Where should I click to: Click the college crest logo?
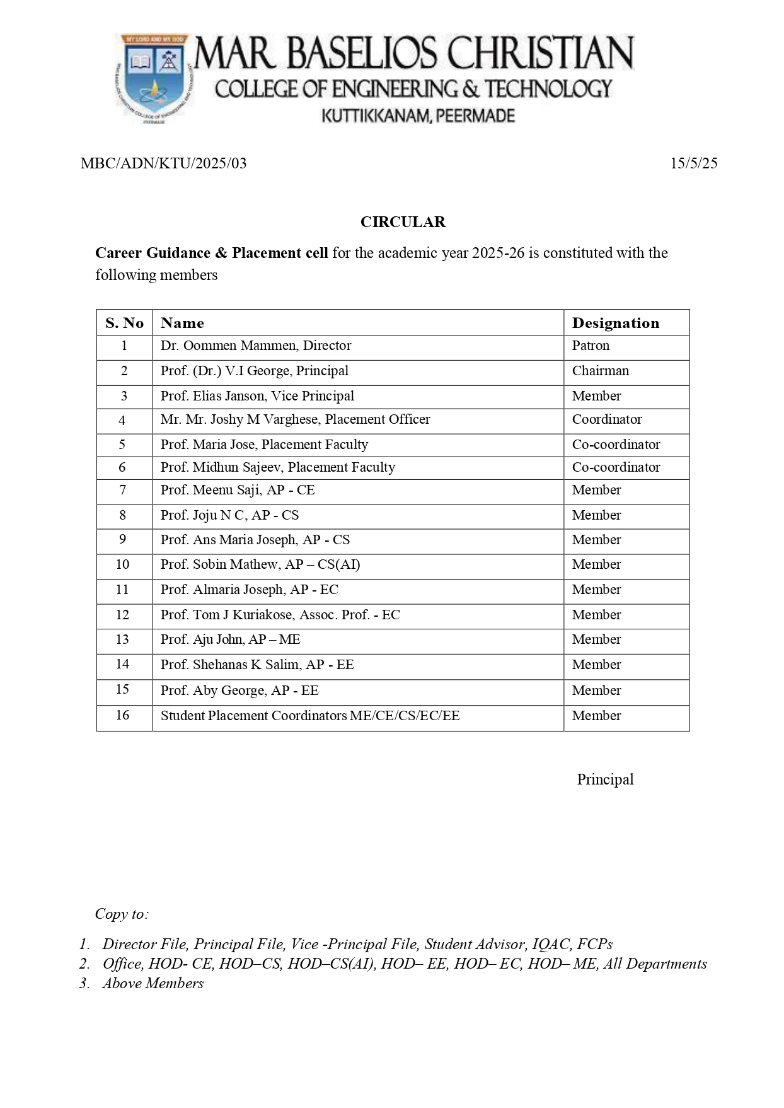(x=153, y=78)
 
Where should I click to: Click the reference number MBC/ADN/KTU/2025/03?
(x=164, y=164)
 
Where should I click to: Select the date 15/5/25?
(x=693, y=164)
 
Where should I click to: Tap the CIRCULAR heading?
(x=403, y=222)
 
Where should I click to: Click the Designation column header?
(x=615, y=323)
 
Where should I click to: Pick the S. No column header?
(x=124, y=323)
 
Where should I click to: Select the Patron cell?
(x=591, y=346)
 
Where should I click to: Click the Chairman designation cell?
(x=600, y=371)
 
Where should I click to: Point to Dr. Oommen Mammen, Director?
(x=255, y=346)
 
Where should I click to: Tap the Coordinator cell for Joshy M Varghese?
(x=606, y=419)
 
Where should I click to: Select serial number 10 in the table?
(x=122, y=564)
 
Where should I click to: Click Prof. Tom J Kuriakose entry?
(x=280, y=615)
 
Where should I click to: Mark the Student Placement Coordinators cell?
(x=310, y=716)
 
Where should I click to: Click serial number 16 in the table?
(x=122, y=715)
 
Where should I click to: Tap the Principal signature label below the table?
(x=605, y=779)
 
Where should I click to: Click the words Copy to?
(x=122, y=914)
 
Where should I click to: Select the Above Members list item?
(x=153, y=984)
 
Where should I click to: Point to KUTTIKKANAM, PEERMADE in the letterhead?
(x=418, y=116)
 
